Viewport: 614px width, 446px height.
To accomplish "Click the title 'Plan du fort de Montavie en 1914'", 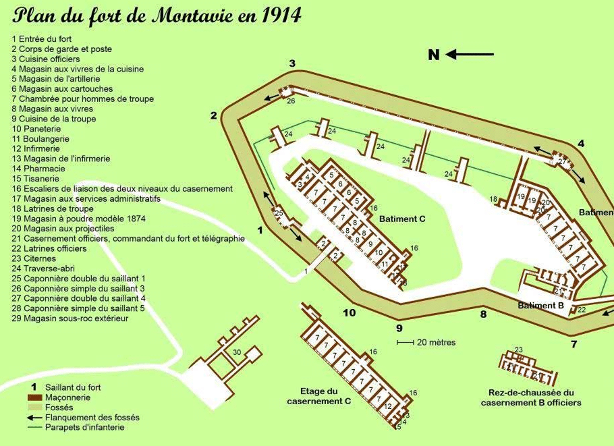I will click(x=157, y=16).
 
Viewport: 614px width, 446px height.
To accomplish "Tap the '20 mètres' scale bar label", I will click(x=436, y=343).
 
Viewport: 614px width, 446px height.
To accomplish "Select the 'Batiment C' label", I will click(x=402, y=219).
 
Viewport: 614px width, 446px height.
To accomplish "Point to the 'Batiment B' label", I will click(x=540, y=306).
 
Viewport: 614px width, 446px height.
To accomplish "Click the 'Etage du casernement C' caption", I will click(x=319, y=396).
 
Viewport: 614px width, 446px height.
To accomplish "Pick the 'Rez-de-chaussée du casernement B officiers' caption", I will click(x=531, y=397).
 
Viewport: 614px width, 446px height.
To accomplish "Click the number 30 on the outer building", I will click(x=237, y=352).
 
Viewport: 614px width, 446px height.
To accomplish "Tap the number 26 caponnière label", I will click(x=291, y=101).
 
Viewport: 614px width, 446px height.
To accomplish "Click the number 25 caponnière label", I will click(x=279, y=214).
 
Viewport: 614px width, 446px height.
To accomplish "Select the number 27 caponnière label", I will click(x=561, y=161).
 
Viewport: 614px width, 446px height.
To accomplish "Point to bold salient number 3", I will click(x=292, y=63).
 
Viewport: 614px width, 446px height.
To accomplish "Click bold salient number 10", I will click(x=349, y=312).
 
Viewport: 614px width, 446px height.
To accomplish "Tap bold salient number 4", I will click(x=581, y=143).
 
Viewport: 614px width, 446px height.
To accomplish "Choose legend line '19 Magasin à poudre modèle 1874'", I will click(x=79, y=219).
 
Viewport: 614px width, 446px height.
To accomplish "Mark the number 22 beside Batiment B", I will click(x=582, y=310).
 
